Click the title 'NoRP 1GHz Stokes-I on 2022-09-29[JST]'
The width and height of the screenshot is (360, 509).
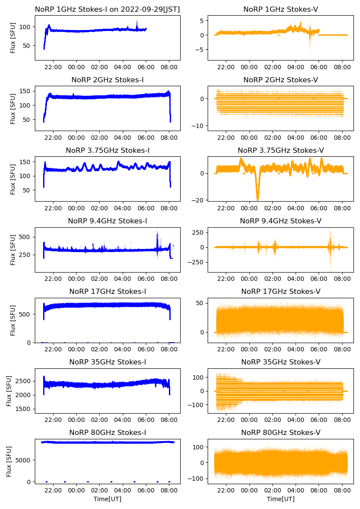pyautogui.click(x=108, y=9)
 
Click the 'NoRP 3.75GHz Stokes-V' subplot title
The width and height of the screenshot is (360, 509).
pyautogui.click(x=281, y=151)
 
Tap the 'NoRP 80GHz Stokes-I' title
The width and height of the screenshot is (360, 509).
pyautogui.click(x=108, y=432)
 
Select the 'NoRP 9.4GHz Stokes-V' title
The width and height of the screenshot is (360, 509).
pyautogui.click(x=281, y=221)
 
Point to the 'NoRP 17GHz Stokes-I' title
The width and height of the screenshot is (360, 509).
pyautogui.click(x=108, y=292)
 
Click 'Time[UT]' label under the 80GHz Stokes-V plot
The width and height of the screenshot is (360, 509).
pyautogui.click(x=281, y=499)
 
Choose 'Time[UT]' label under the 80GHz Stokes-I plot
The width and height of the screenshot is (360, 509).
pyautogui.click(x=108, y=499)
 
